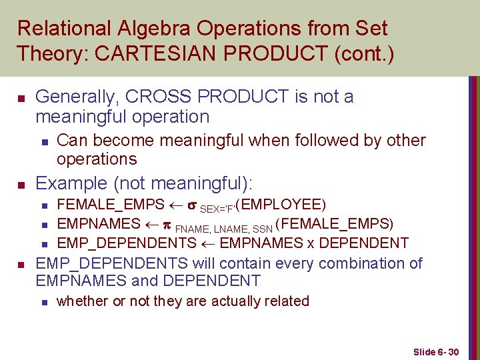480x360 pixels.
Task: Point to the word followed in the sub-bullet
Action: pyautogui.click(x=304, y=141)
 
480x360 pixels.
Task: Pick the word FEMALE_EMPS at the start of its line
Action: pyautogui.click(x=111, y=204)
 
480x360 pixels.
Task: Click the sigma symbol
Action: pyautogui.click(x=191, y=204)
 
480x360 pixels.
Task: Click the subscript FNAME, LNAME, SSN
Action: pyautogui.click(x=223, y=227)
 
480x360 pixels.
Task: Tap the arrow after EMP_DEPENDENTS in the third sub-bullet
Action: pyautogui.click(x=208, y=243)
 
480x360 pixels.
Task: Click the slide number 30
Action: pyautogui.click(x=453, y=351)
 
